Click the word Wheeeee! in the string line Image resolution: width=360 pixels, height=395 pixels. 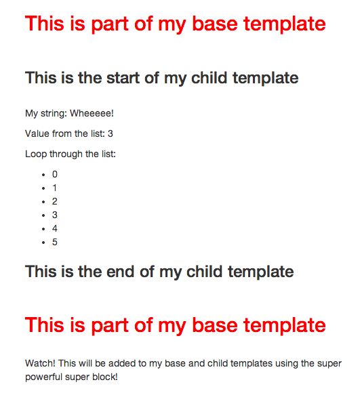coord(92,113)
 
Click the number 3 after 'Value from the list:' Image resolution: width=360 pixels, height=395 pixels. coord(111,133)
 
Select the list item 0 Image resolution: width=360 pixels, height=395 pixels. coord(55,174)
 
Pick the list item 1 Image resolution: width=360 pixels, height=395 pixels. coord(55,188)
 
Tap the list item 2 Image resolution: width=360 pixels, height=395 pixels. coord(55,201)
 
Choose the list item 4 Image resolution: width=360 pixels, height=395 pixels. coord(55,228)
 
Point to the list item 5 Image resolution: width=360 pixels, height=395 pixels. coord(55,242)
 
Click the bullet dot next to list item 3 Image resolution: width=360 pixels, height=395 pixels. coord(43,215)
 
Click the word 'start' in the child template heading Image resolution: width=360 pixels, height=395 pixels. coord(123,78)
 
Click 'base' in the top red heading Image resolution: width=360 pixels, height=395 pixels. coord(215,24)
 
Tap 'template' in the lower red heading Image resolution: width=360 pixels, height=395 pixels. coord(285,325)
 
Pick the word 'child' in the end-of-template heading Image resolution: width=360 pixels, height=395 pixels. coord(205,272)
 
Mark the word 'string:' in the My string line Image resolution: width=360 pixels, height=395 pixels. coord(54,114)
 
